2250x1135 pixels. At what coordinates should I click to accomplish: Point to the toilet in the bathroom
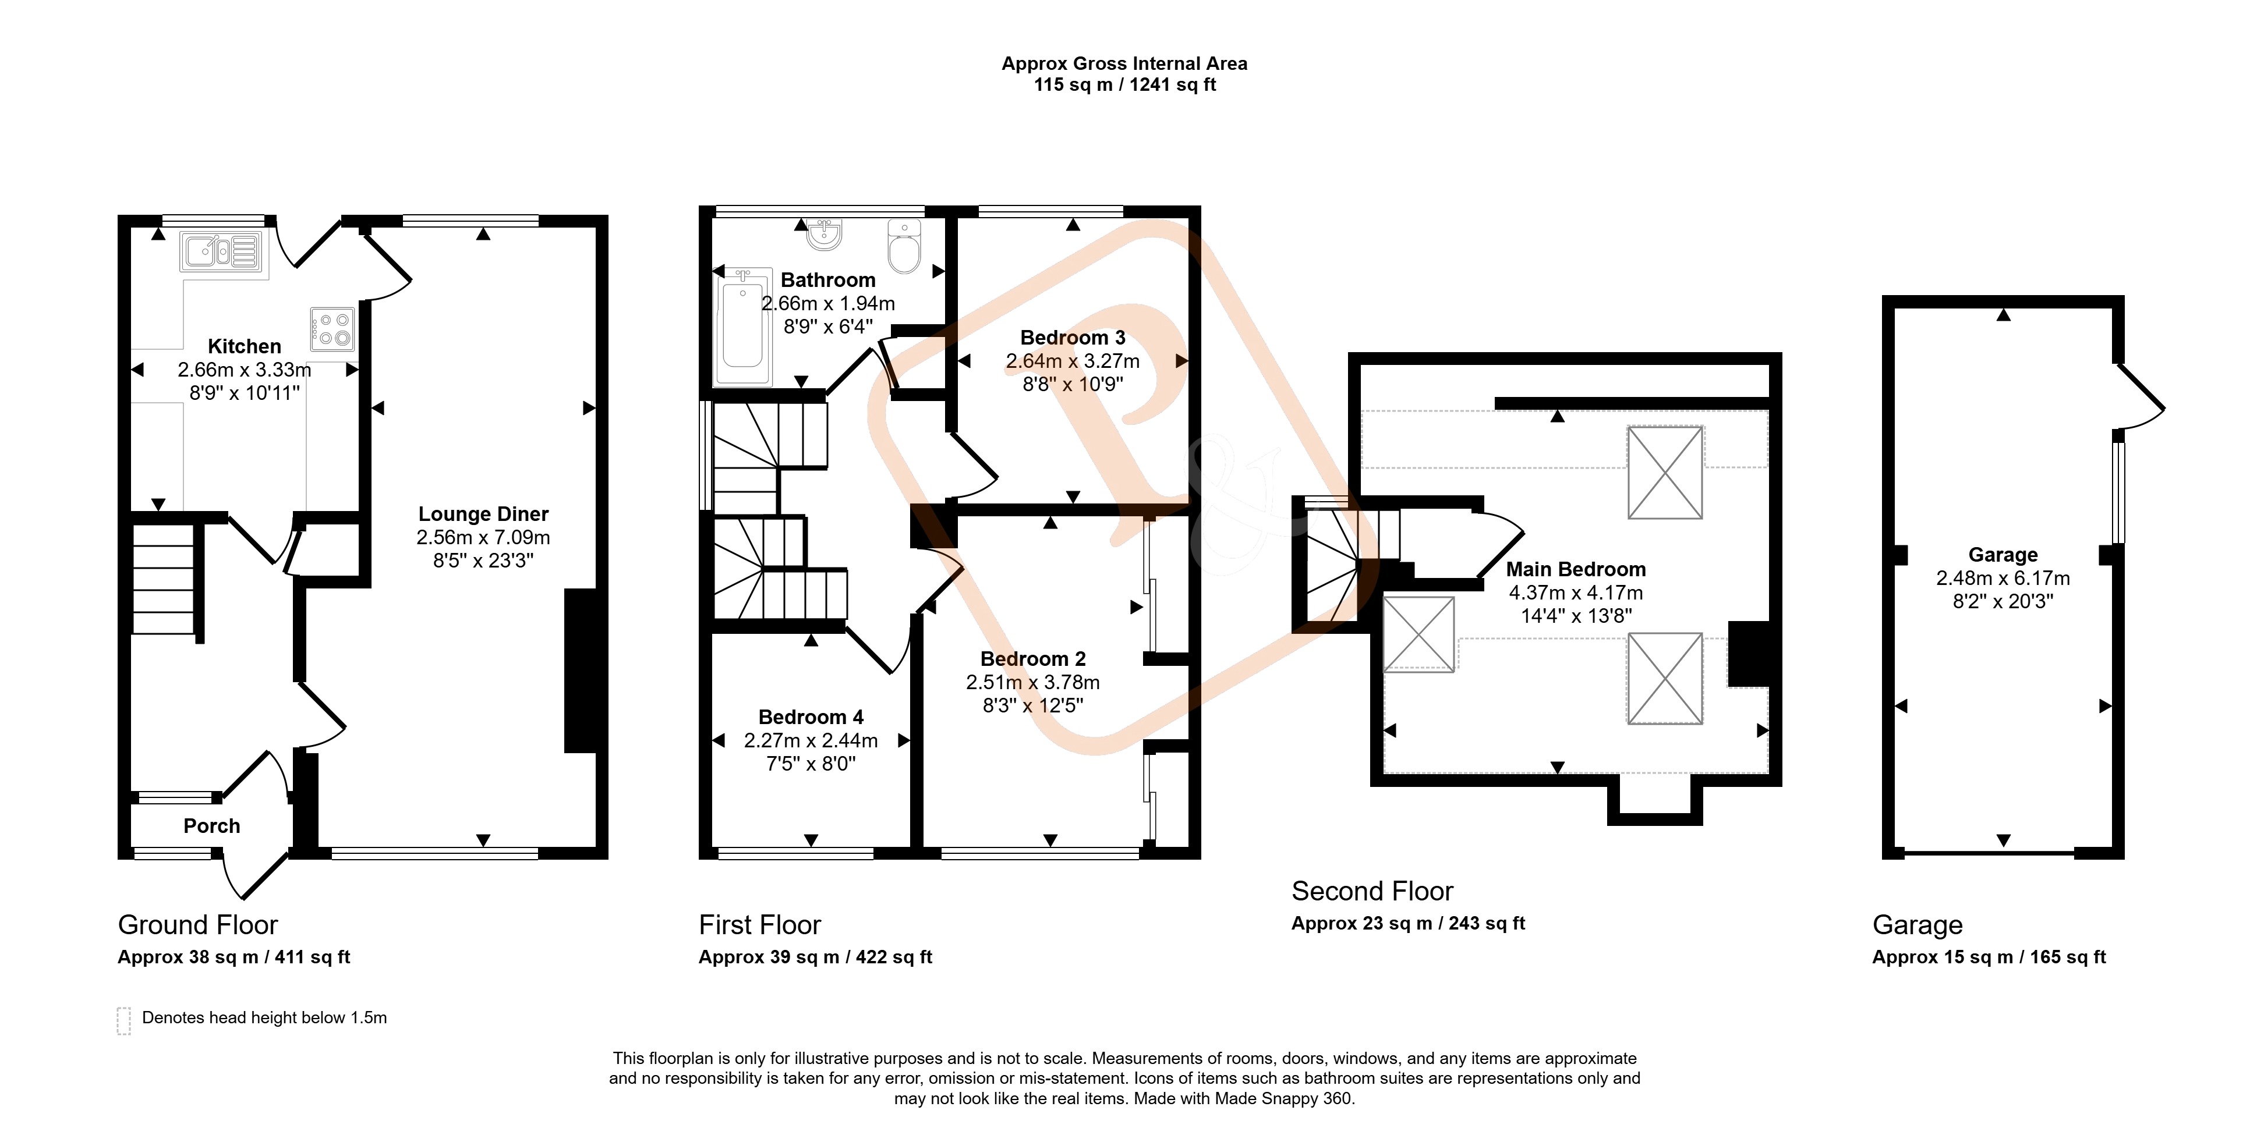point(904,246)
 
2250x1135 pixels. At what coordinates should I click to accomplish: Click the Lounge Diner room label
point(483,515)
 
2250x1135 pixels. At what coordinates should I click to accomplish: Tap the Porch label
point(211,826)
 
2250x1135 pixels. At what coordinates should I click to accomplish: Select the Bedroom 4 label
point(811,717)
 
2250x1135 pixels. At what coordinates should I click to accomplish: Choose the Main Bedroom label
point(1576,569)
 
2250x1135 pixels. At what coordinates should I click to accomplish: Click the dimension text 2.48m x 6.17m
point(2003,578)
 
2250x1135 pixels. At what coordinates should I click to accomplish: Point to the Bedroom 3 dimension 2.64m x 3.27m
point(1073,361)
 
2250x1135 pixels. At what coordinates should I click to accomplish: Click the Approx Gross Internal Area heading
point(1124,64)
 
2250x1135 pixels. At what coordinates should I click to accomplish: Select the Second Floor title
point(1372,892)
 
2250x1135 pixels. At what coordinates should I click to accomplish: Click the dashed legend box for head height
point(124,1021)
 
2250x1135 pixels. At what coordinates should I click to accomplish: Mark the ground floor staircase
point(163,578)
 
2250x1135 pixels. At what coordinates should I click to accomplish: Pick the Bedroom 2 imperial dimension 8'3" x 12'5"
point(1032,705)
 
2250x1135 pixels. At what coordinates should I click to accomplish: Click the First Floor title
point(760,924)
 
